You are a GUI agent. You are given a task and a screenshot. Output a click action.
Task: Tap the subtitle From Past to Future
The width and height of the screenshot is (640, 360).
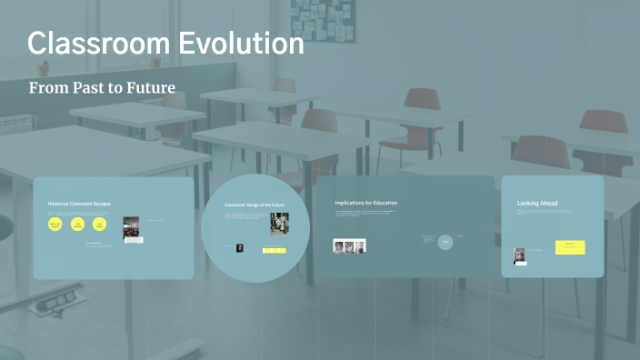click(102, 88)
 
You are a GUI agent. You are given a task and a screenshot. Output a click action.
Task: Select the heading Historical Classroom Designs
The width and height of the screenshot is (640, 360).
click(79, 204)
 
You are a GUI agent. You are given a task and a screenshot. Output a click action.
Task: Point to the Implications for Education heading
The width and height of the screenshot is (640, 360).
click(366, 203)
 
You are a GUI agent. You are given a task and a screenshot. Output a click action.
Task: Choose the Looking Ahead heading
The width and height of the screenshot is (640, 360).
click(537, 203)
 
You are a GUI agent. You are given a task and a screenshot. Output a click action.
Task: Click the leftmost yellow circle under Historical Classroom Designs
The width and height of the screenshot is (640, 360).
click(55, 225)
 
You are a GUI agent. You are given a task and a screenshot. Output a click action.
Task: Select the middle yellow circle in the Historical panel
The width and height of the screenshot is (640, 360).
click(78, 225)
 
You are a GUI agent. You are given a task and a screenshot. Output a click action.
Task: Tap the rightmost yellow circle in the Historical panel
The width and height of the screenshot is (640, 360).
click(100, 225)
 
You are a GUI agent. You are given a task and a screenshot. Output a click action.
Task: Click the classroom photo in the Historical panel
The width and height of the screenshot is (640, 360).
click(131, 228)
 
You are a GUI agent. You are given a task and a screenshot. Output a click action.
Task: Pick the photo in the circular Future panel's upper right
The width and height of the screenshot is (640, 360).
click(279, 224)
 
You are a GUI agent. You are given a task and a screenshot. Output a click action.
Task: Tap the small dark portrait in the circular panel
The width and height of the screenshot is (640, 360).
click(240, 247)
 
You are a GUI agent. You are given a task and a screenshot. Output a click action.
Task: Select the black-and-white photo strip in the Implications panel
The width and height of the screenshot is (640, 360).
click(349, 245)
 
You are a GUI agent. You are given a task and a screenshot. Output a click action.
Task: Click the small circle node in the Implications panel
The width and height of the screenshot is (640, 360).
click(445, 242)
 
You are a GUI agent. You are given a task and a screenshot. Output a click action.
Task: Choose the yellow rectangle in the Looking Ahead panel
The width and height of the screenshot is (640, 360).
click(570, 246)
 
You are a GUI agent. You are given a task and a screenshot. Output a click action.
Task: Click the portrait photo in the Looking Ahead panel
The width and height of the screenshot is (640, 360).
click(520, 255)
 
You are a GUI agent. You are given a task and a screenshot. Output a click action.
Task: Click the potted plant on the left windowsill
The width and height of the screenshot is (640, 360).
click(44, 66)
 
